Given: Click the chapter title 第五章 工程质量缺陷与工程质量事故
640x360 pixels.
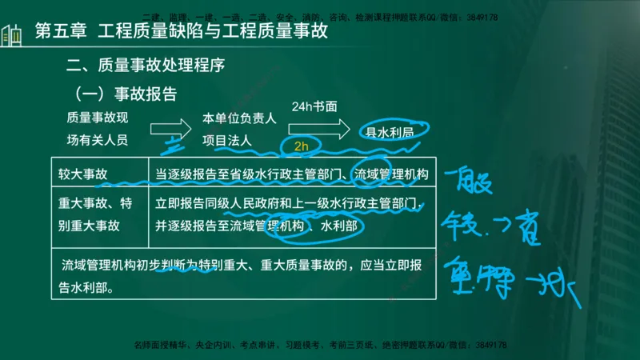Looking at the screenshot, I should point(182,32).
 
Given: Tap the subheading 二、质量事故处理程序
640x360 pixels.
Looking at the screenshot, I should point(151,65).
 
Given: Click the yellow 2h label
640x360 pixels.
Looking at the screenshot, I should point(301,146).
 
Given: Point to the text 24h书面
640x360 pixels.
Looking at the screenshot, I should point(314,106).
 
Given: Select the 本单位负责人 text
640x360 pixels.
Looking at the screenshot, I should point(239,118).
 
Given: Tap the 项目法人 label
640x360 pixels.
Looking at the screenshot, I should point(227,140).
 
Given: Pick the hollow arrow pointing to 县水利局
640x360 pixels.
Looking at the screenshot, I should point(330,128).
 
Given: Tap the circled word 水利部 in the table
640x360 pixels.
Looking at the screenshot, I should point(341,226).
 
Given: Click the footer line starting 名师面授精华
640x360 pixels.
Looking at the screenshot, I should point(320,345).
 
